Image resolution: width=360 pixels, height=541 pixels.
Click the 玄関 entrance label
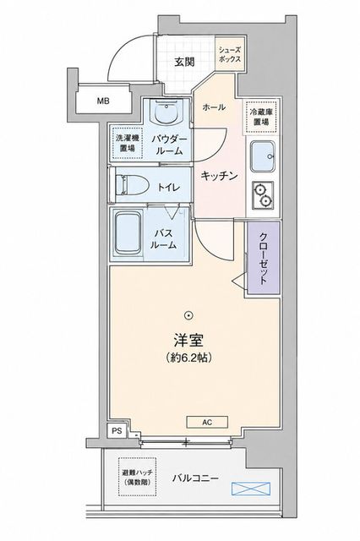click(x=184, y=62)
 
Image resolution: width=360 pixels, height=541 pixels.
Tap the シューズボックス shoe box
click(x=230, y=54)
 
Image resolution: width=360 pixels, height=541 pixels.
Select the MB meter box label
click(x=103, y=101)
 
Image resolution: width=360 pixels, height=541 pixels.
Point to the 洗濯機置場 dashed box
click(x=128, y=143)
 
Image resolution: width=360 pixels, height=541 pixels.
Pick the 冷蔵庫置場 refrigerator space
click(x=261, y=117)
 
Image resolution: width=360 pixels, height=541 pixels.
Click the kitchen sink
click(x=263, y=156)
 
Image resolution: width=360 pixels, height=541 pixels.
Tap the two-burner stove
click(x=263, y=195)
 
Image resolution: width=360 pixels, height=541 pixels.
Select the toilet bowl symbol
click(x=131, y=185)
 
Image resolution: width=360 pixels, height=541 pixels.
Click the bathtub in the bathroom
click(x=128, y=233)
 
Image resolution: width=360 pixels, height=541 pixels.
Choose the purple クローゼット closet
click(x=263, y=258)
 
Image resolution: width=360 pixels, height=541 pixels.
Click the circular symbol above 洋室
click(x=188, y=314)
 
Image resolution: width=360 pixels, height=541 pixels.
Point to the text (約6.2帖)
click(x=188, y=358)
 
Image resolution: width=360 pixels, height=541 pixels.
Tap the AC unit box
click(x=207, y=422)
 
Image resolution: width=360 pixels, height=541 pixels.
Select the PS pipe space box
click(x=117, y=430)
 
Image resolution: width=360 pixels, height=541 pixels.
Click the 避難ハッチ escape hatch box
click(x=137, y=477)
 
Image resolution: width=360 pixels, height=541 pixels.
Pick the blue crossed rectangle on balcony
click(x=251, y=489)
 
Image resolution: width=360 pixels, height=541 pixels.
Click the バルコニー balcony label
click(x=195, y=478)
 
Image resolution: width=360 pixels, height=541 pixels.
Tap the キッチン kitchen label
click(x=220, y=176)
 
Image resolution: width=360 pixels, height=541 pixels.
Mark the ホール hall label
click(x=214, y=107)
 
